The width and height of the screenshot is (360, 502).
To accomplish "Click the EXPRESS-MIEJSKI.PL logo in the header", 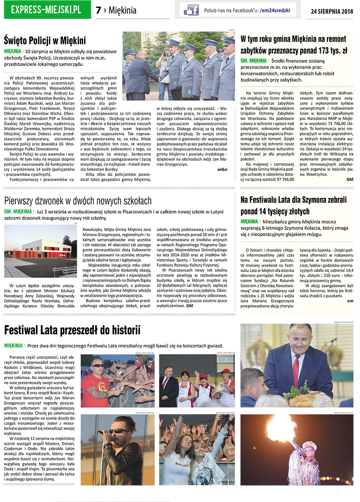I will pyautogui.click(x=46, y=10).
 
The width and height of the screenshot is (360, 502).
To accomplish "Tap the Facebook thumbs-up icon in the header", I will pyautogui.click(x=191, y=10).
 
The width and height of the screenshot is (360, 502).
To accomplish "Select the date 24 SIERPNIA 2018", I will pyautogui.click(x=332, y=11).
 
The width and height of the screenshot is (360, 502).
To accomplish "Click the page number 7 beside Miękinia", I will pyautogui.click(x=98, y=10).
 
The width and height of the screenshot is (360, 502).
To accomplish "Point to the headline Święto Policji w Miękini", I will pyautogui.click(x=45, y=40).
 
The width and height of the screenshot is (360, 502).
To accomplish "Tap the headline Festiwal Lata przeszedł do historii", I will pyautogui.click(x=72, y=330).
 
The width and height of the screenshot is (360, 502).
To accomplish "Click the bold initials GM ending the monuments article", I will pyautogui.click(x=350, y=180).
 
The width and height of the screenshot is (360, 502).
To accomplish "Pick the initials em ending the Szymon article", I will pyautogui.click(x=350, y=301).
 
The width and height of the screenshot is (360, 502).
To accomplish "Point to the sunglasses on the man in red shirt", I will pyautogui.click(x=97, y=365).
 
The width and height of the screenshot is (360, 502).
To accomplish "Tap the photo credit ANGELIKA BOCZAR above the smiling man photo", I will pyautogui.click(x=343, y=322).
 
